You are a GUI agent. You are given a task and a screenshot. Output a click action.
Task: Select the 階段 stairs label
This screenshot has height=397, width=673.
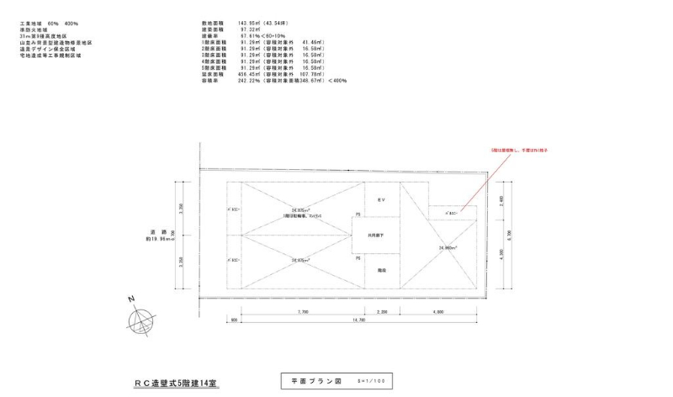tap(380, 270)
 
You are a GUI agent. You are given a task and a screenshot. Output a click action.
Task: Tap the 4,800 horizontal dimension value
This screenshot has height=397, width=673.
tap(438, 311)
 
